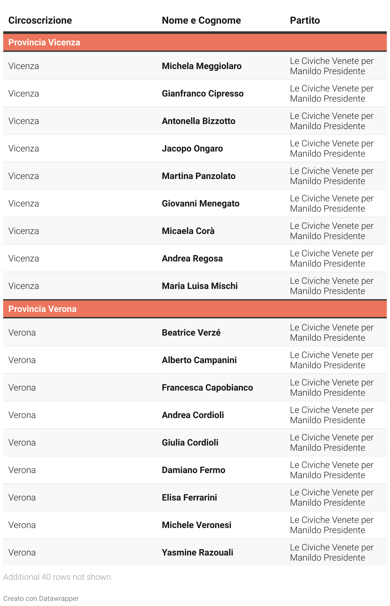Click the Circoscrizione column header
(40, 20)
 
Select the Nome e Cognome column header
(201, 20)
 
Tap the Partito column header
(305, 20)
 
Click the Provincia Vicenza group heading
(44, 43)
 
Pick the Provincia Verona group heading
(43, 309)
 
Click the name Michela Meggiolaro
(201, 66)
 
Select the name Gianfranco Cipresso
(202, 94)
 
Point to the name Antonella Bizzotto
(198, 121)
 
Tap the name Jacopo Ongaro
(192, 149)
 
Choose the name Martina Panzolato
(199, 176)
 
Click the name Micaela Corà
(188, 231)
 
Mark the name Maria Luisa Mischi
(199, 286)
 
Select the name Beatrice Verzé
(191, 333)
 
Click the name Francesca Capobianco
(207, 388)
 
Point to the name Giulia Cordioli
(190, 443)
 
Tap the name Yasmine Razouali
(197, 553)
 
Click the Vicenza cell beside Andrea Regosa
(24, 259)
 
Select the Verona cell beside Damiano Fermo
(22, 470)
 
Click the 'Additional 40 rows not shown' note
(58, 577)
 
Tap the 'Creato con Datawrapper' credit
(41, 598)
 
